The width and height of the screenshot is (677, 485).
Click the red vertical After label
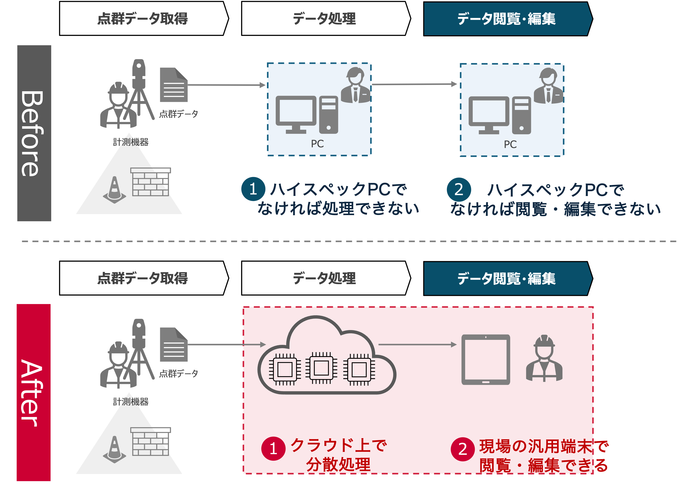[33, 392]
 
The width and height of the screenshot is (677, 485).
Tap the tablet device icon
[486, 360]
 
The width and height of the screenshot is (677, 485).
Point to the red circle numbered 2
[462, 449]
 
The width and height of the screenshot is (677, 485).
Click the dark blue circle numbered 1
[253, 189]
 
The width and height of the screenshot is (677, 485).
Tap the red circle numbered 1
[273, 448]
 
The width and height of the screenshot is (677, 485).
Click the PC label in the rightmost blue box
[510, 145]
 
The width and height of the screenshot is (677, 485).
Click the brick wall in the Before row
[150, 182]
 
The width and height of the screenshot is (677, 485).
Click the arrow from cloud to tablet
[417, 345]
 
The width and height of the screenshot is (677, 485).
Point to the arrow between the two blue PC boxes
[414, 85]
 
